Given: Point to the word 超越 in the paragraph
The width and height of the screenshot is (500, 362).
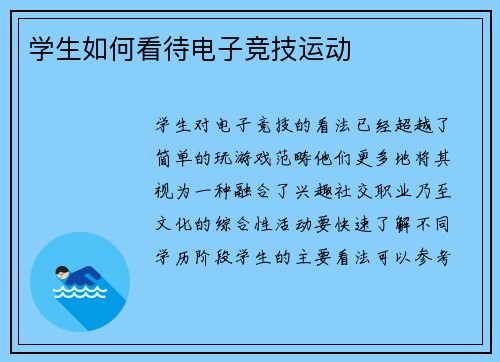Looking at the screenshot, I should (408, 126).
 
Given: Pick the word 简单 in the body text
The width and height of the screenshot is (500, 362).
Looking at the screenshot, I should (176, 158).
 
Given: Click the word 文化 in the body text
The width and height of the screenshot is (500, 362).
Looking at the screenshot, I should (176, 223).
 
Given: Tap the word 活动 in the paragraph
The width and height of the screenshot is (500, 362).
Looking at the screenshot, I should (292, 223).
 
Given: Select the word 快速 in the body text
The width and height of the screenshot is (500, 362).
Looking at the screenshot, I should (350, 223).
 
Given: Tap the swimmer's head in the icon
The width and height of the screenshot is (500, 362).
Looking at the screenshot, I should (62, 272).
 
